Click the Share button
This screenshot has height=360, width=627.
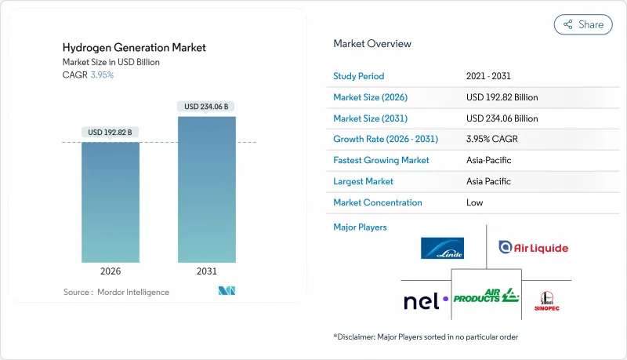(583, 24)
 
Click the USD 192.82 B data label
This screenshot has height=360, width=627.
(111, 131)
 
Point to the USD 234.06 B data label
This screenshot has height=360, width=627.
(207, 106)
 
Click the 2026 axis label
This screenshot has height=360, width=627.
(111, 271)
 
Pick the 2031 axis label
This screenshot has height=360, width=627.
(207, 271)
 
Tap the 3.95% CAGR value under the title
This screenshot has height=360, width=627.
(102, 75)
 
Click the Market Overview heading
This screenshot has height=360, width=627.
(372, 44)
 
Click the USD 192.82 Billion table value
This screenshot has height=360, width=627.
(502, 97)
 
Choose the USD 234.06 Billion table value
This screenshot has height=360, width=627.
(502, 118)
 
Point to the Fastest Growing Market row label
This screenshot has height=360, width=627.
(381, 160)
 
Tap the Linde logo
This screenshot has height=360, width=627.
(442, 248)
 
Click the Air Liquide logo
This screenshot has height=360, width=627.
(533, 248)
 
